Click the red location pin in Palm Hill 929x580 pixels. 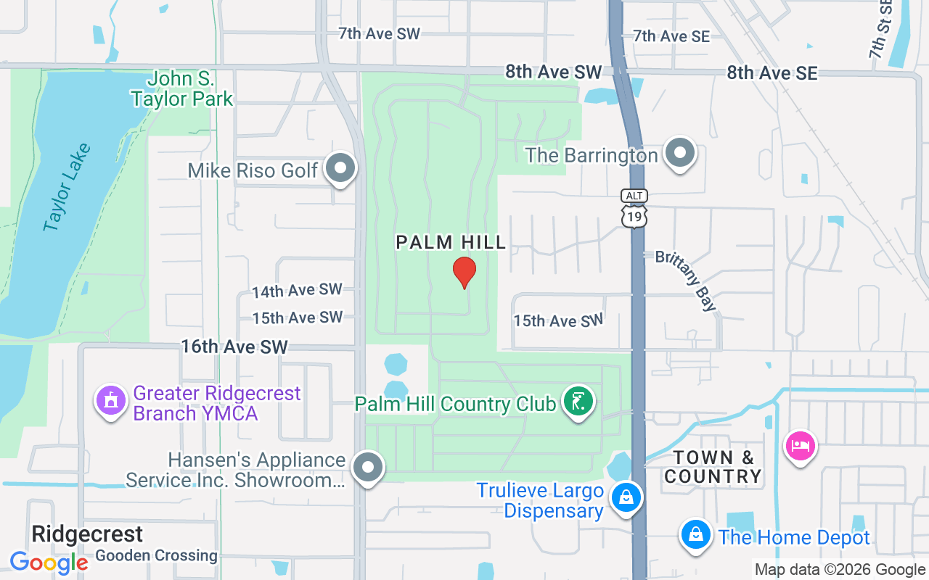(464, 272)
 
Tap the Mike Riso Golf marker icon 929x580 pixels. (340, 169)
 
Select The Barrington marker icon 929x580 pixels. (680, 153)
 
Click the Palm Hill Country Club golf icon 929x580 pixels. (578, 401)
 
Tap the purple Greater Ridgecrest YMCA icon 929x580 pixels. (110, 399)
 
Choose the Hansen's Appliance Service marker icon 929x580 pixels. (367, 467)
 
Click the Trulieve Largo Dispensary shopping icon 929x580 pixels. (626, 497)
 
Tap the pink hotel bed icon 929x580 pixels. (800, 444)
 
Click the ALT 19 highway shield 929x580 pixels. (634, 209)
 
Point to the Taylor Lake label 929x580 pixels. (67, 188)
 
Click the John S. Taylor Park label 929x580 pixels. (182, 88)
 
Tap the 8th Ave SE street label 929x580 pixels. (772, 72)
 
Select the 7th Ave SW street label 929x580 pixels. (379, 33)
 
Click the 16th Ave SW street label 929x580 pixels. (234, 347)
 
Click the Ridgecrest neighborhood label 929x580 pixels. (87, 534)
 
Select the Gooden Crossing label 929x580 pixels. (156, 556)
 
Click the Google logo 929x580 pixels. (49, 563)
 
